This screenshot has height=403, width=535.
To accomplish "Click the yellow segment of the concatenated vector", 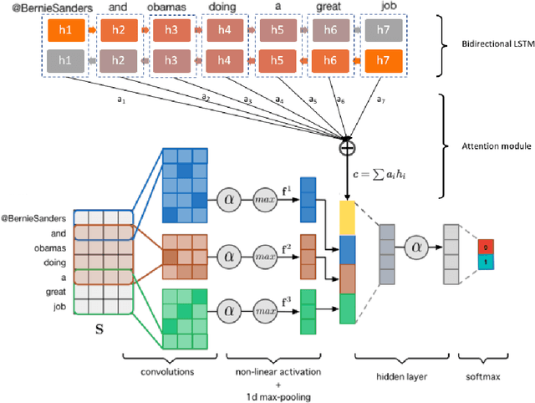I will (x=347, y=219).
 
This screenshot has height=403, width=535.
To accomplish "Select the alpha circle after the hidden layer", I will (x=413, y=248).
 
